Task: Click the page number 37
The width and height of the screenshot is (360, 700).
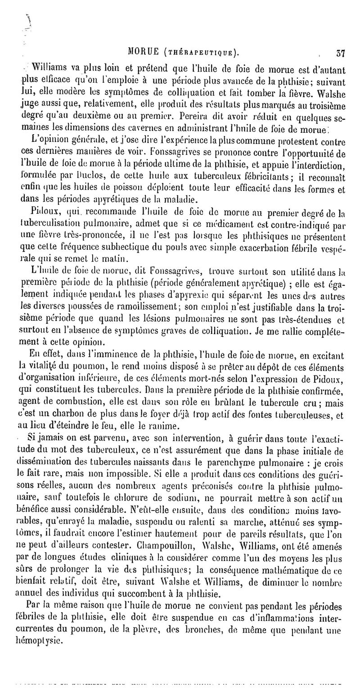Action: [340, 53]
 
